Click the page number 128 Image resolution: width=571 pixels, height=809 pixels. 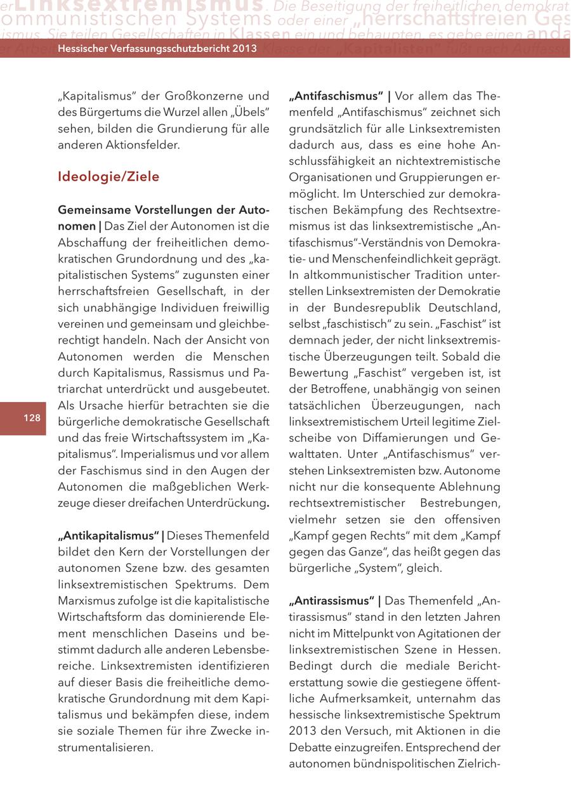pyautogui.click(x=32, y=417)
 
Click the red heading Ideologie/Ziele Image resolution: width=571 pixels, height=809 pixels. pyautogui.click(x=108, y=176)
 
